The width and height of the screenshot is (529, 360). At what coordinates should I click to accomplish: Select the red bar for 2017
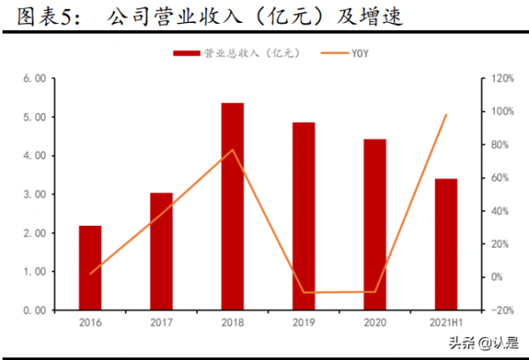pos(161,251)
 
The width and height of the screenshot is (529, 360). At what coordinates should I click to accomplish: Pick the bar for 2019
pos(303,215)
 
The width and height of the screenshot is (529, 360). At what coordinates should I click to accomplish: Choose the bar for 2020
pos(375,224)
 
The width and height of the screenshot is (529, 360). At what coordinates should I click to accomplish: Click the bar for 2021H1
pos(446,244)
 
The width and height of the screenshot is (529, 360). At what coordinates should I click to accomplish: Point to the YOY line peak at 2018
pos(233,150)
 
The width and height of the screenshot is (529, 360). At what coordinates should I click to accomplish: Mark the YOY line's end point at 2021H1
pos(446,115)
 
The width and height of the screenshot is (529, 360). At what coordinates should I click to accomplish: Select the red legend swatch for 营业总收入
pos(186,54)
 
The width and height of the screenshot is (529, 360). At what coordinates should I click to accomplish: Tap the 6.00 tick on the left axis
pos(34,78)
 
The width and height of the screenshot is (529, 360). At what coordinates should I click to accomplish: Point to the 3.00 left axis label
pos(34,194)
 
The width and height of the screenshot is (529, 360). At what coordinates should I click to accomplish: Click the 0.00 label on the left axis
pos(34,311)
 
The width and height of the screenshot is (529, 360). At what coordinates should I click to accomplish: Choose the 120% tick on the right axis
pos(502,78)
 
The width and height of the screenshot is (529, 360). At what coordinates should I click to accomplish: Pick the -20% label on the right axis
pos(502,311)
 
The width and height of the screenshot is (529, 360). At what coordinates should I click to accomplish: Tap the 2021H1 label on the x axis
pos(446,324)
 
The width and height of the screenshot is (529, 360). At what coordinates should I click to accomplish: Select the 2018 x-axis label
pos(233,324)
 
